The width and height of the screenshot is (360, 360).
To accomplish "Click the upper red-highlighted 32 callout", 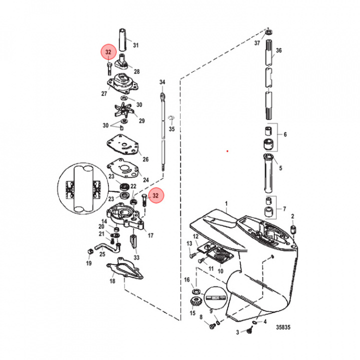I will tap(108, 51).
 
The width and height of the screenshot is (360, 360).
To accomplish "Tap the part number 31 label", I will tap(135, 45).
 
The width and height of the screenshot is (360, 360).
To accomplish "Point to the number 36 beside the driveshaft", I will tap(279, 50).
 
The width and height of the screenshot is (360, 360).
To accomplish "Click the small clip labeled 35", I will tap(171, 118).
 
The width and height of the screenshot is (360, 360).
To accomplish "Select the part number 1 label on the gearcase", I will tap(226, 204).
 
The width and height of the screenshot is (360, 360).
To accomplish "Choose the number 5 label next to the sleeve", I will tap(280, 168).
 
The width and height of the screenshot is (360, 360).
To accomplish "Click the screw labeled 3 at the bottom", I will tap(247, 330).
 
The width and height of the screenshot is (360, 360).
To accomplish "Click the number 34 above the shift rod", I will tap(162, 81).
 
